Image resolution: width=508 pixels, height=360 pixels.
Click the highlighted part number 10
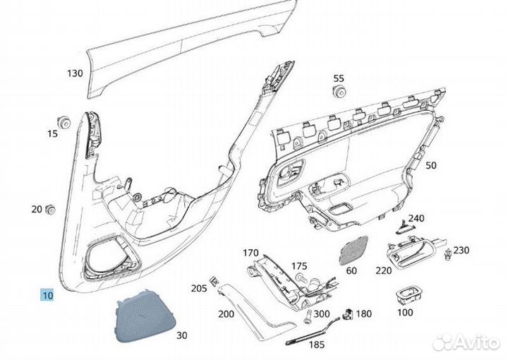47,296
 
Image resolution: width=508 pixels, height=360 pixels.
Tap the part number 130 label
75,73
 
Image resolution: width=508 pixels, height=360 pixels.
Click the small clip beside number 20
50,209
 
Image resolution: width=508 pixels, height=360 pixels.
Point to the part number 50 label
431,165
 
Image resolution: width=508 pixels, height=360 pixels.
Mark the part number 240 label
417,218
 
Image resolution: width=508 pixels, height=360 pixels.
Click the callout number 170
251,253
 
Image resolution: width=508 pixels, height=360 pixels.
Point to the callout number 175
299,266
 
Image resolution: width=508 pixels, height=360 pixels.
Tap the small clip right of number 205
212,281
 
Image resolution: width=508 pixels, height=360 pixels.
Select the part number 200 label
226,313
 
